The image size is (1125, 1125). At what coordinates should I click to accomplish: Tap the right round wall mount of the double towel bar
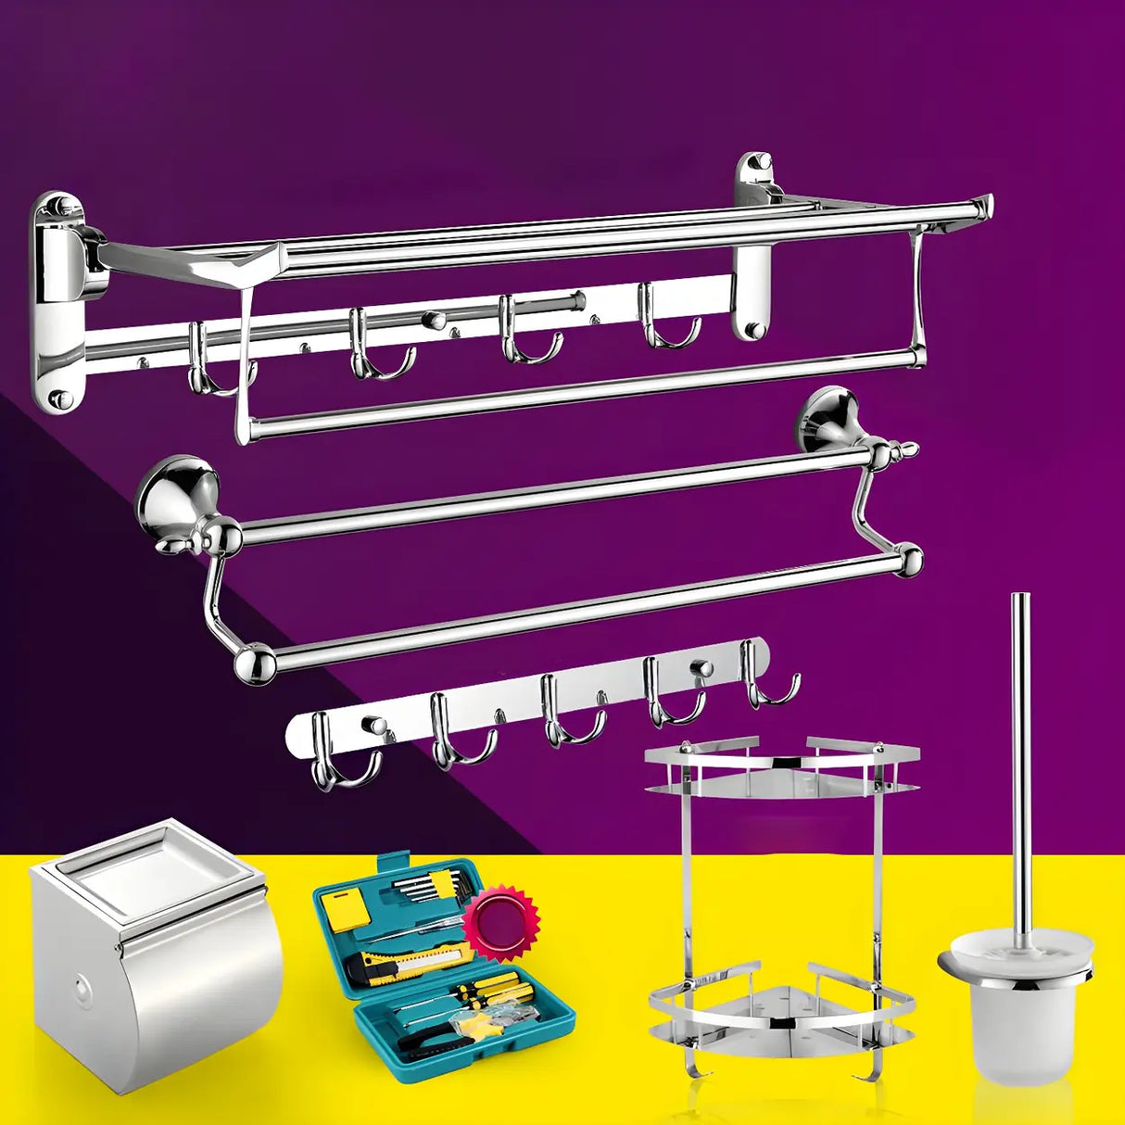click(x=827, y=419)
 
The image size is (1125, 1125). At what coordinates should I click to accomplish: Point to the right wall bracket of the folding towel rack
click(x=756, y=243)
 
